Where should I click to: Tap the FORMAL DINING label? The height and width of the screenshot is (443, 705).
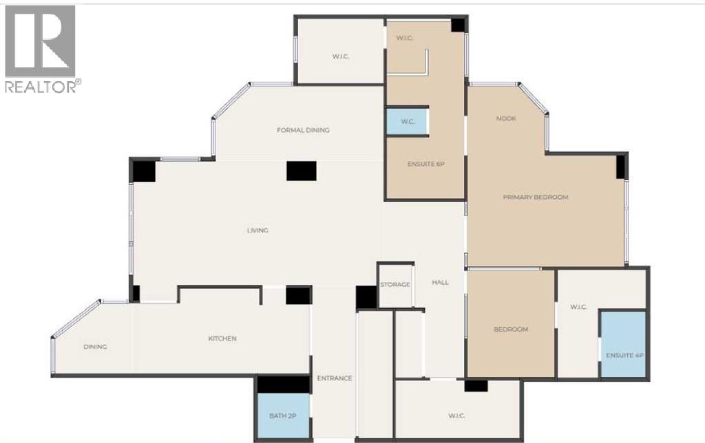click(303, 130)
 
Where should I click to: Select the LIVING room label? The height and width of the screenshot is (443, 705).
click(257, 230)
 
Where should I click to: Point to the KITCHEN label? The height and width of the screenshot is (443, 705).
click(223, 338)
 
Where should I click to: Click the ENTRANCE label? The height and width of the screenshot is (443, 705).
click(335, 378)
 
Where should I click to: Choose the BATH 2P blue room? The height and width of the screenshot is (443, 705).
click(282, 415)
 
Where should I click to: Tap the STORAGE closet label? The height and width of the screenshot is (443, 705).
click(395, 285)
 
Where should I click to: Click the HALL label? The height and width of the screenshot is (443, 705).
click(441, 282)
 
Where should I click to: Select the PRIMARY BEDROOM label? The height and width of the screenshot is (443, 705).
click(536, 197)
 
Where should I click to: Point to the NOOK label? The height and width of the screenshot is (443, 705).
click(506, 118)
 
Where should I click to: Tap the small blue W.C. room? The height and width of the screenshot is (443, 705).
click(407, 122)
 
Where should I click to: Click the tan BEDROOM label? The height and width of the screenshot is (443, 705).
click(511, 329)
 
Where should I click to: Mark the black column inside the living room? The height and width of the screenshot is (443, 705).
click(302, 171)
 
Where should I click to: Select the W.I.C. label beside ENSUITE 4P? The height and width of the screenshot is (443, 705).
click(578, 307)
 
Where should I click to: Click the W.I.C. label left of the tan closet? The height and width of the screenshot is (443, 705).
click(340, 56)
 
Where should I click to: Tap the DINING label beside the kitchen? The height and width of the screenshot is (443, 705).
click(95, 347)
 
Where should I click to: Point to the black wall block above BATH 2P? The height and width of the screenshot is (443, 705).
click(282, 385)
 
